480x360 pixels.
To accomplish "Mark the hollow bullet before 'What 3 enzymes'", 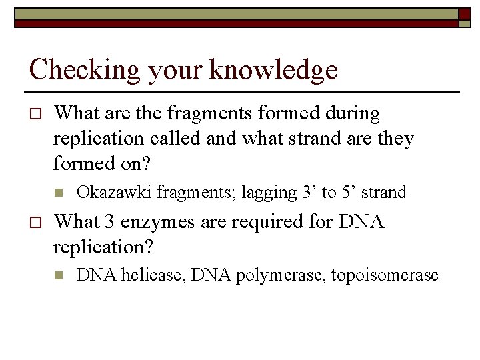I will click(35, 222).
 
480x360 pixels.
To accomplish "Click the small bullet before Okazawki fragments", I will click(59, 193).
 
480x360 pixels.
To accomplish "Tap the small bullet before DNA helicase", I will click(59, 275).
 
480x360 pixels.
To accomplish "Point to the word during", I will click(349, 114).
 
